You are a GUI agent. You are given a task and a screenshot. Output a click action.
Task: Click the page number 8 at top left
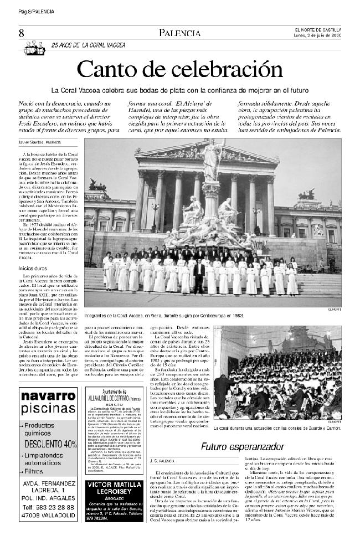pos(21,34)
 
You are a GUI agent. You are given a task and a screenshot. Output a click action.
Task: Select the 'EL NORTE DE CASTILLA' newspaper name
pos(317,30)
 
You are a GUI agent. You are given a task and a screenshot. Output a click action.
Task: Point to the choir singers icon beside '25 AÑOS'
pos(34,48)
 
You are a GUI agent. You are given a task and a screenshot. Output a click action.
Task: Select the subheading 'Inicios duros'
pos(33,268)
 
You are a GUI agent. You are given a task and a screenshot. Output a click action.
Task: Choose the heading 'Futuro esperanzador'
pos(234,446)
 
